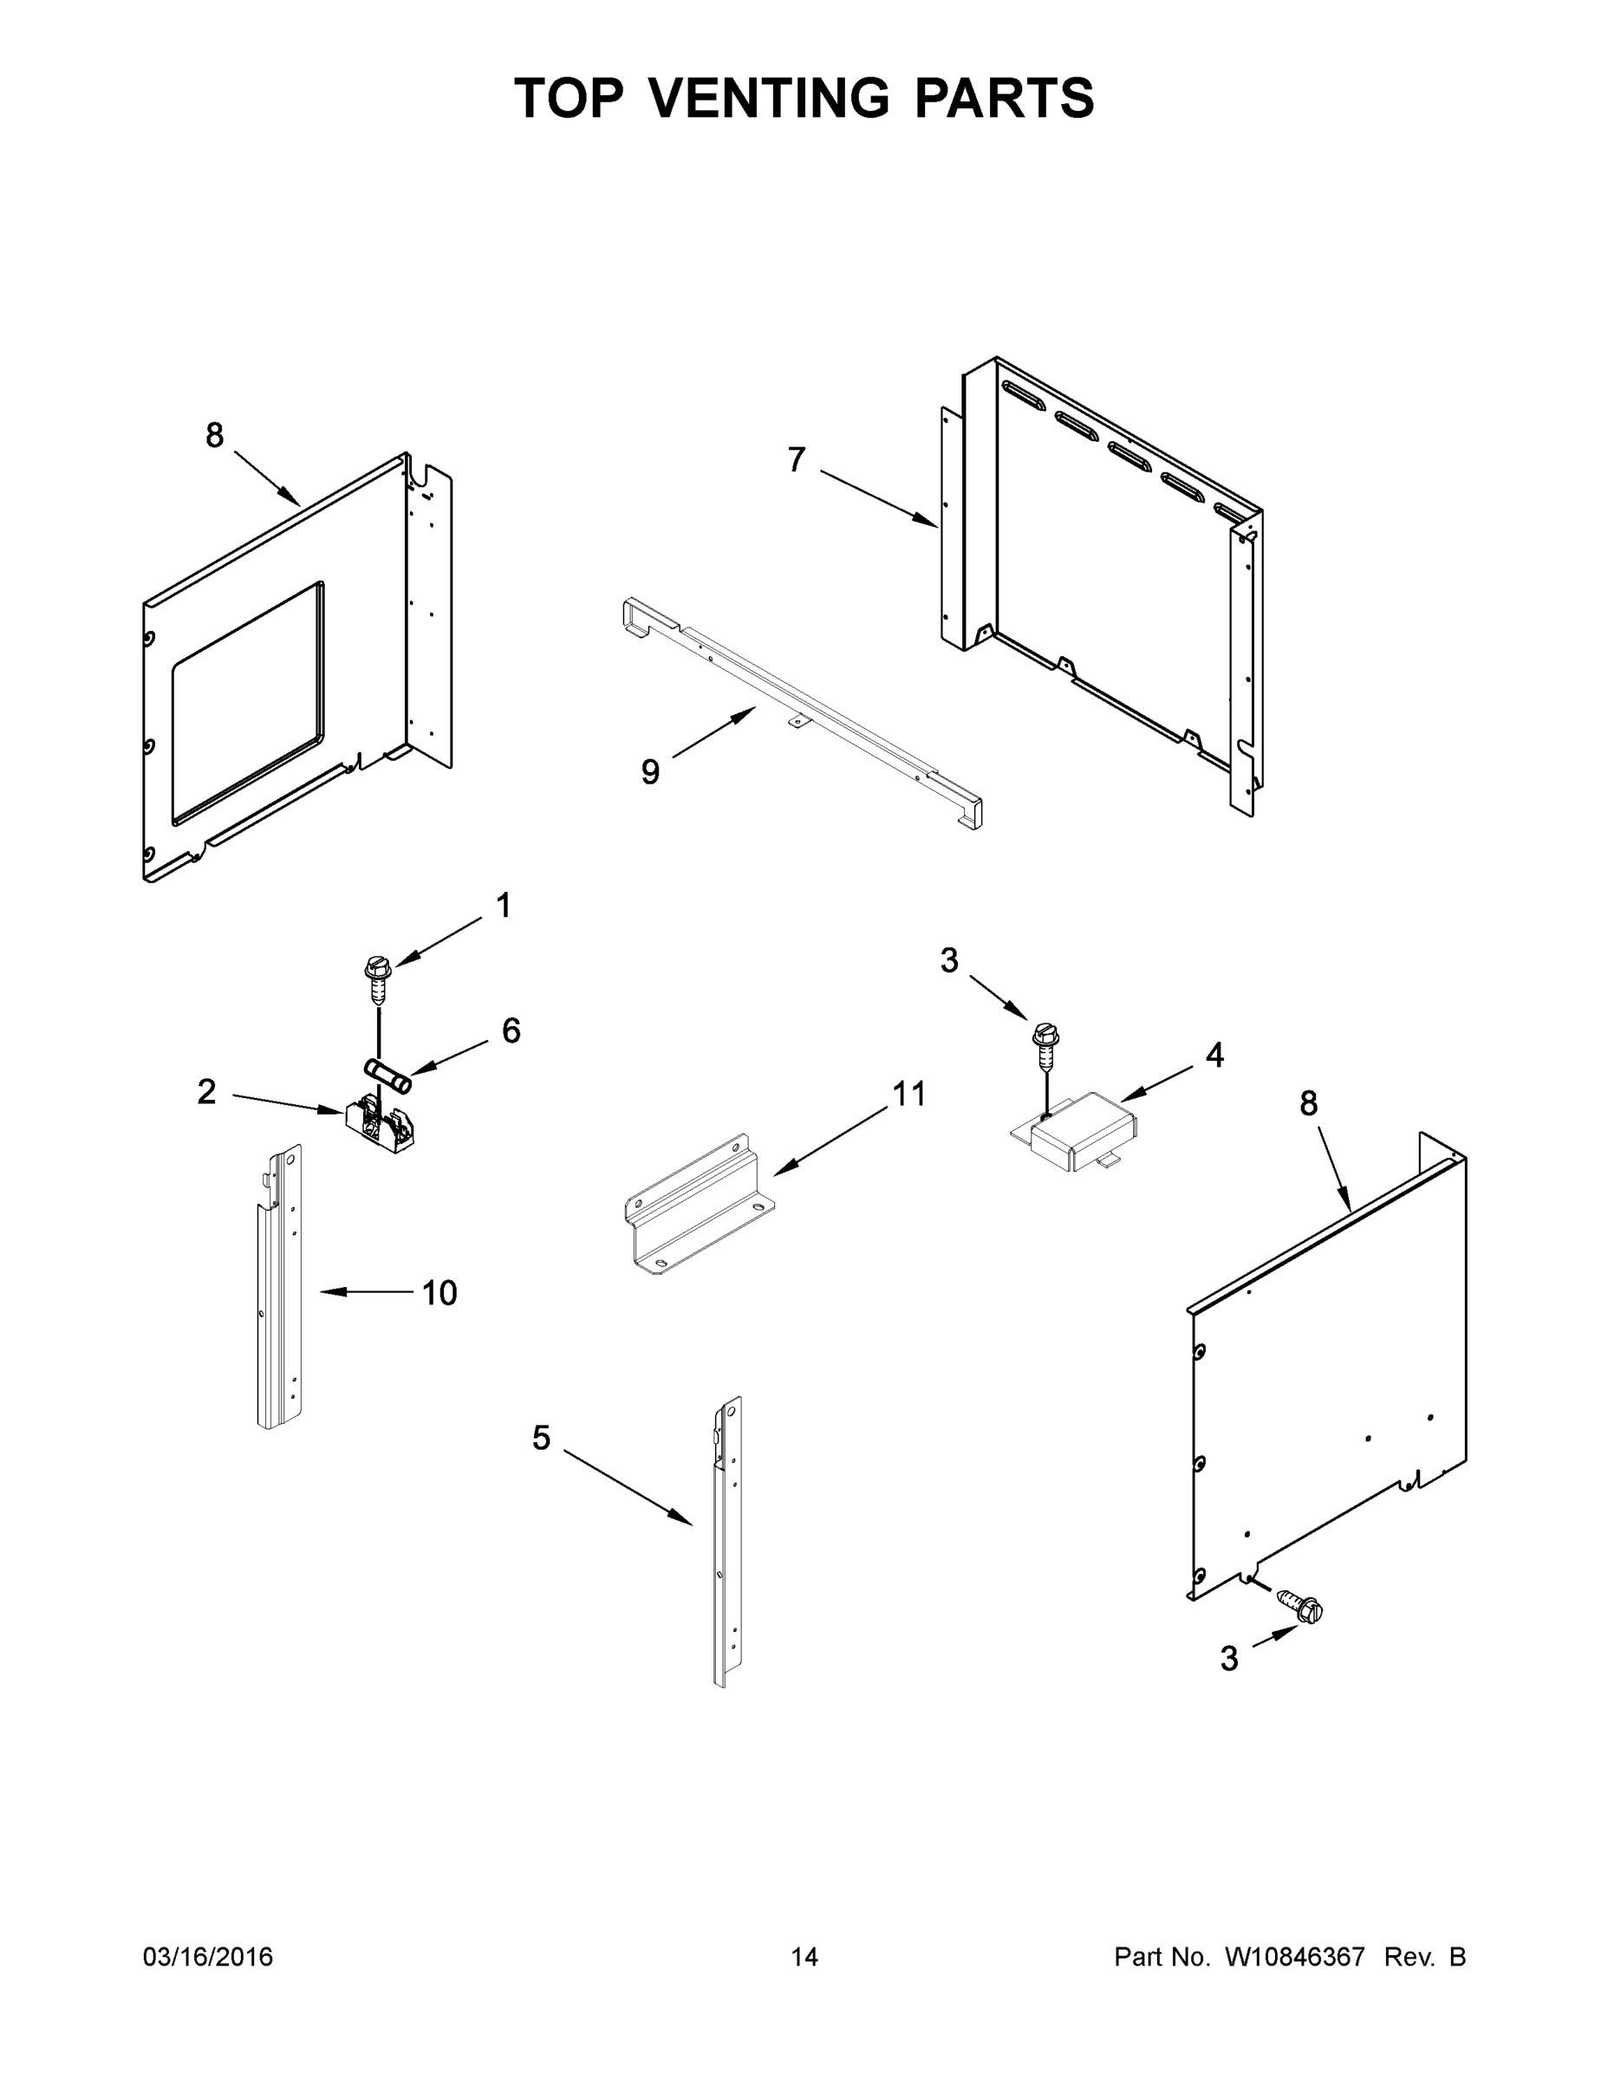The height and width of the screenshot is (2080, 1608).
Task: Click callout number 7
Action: (x=797, y=460)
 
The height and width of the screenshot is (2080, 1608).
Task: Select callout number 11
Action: (x=908, y=1095)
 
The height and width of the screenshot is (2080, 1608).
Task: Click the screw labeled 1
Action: (x=378, y=977)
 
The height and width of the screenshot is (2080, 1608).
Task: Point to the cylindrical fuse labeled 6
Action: (x=387, y=1075)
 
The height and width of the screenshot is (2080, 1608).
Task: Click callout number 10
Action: (x=439, y=1292)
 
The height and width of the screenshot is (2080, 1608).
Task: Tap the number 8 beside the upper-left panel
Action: (x=214, y=436)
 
